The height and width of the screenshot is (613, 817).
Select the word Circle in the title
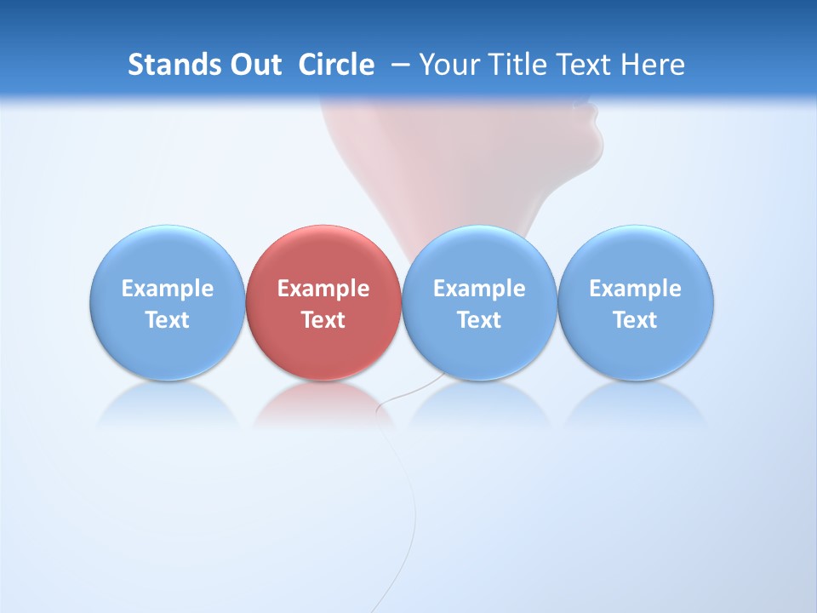click(336, 65)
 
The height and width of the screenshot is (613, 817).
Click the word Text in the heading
click(586, 65)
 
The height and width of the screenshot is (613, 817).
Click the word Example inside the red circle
click(323, 289)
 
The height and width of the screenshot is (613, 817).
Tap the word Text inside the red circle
click(323, 320)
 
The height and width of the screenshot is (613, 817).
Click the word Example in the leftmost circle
click(167, 289)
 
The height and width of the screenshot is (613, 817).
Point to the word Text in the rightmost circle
click(636, 320)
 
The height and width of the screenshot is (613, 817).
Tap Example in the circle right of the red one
click(479, 289)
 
